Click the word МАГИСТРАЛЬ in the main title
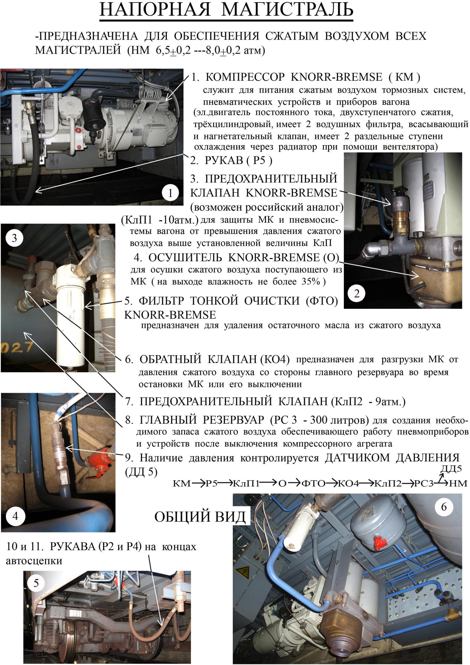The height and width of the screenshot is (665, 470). [x=287, y=10]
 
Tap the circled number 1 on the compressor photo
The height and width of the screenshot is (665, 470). [x=170, y=193]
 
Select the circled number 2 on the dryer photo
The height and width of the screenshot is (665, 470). [x=356, y=294]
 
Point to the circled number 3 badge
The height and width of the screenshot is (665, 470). [x=14, y=238]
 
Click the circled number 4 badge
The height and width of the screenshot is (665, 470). [x=15, y=516]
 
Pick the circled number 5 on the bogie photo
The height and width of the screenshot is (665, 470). [x=36, y=583]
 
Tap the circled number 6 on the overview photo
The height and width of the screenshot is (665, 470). [x=444, y=507]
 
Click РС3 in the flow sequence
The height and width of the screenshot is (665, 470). [x=424, y=484]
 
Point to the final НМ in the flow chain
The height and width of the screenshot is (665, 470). [x=458, y=484]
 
